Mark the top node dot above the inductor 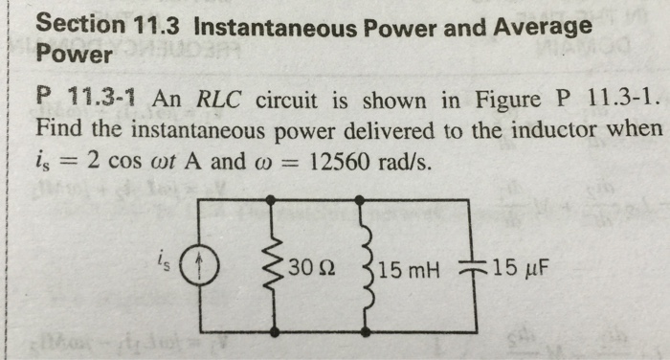[x=359, y=200]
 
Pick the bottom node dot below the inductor [x=359, y=331]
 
